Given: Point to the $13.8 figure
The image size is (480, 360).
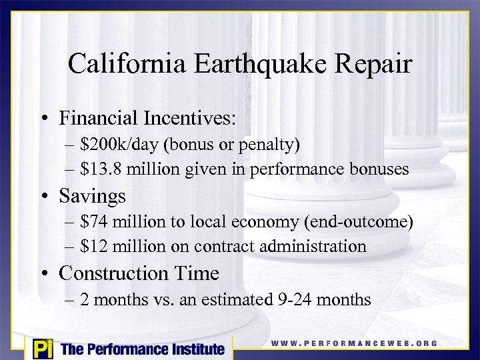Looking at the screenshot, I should pos(101,169).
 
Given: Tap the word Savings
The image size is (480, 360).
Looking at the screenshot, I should pos(92,196).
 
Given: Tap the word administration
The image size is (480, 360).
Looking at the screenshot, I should pos(312,246).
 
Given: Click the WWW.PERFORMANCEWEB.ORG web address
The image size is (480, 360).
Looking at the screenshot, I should pos(354,343).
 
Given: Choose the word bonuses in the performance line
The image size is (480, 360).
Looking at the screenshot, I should pos(375,169).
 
